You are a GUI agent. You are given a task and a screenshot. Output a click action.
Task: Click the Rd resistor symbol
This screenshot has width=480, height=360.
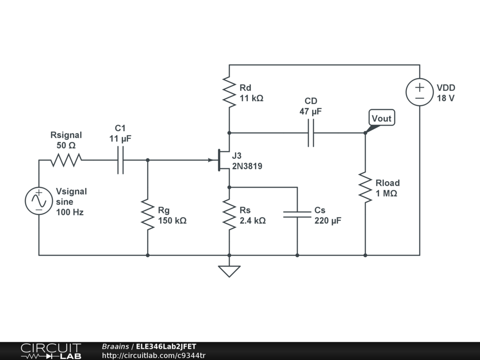tap(229, 92)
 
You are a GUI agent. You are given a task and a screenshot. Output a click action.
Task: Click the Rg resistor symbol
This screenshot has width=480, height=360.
tap(148, 215)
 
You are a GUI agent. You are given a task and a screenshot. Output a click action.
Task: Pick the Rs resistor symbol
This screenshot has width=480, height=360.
tap(229, 215)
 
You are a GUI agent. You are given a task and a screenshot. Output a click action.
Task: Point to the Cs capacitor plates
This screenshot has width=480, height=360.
tap(297, 214)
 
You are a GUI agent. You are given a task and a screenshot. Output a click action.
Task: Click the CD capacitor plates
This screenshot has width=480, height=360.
tap(311, 133)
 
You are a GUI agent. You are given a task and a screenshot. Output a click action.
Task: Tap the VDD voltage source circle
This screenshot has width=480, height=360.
tap(420, 92)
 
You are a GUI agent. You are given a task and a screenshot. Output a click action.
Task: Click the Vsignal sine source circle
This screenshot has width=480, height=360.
tap(39, 201)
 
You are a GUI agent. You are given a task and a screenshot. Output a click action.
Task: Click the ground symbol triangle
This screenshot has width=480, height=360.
tap(229, 271)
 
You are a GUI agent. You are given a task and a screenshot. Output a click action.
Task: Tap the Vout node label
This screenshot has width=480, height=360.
tap(382, 118)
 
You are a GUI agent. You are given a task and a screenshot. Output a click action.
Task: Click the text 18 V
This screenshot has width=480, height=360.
tap(445, 98)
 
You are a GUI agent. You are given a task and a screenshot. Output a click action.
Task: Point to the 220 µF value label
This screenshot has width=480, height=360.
tap(328, 220)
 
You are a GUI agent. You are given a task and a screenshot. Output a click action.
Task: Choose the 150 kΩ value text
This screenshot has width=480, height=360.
tap(172, 220)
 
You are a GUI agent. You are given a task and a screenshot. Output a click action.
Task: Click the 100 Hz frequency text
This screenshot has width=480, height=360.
tap(69, 212)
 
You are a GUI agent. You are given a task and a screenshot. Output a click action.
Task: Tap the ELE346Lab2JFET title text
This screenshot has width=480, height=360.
tap(166, 346)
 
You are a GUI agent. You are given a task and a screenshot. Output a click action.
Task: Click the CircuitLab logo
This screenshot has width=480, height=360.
tap(51, 351)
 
